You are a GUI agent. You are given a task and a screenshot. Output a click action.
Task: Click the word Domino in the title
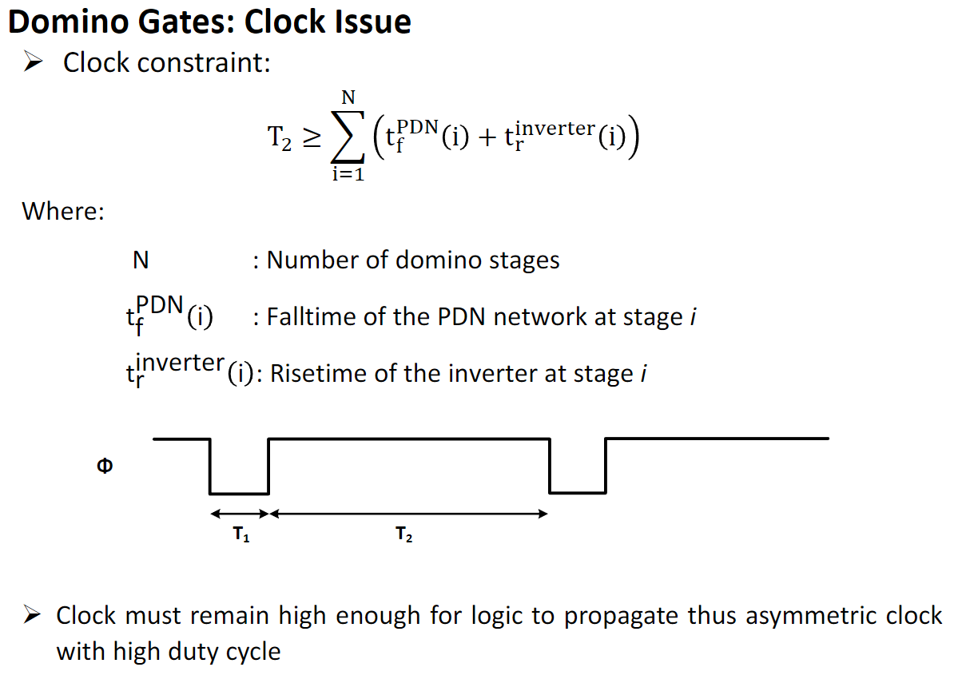tap(69, 22)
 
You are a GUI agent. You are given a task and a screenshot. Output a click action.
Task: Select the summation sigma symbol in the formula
tap(348, 137)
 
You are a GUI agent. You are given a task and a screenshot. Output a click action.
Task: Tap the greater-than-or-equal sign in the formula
tap(312, 138)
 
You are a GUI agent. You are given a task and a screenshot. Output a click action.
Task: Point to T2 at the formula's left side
tap(280, 138)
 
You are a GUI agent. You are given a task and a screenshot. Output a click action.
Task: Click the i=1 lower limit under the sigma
tap(348, 174)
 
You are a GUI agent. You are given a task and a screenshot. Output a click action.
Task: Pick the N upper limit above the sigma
tap(348, 97)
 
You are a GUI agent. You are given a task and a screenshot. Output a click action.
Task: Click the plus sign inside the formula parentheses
tap(487, 138)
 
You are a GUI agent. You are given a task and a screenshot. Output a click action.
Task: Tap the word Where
tap(63, 212)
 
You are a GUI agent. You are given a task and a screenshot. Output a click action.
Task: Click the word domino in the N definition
tap(438, 260)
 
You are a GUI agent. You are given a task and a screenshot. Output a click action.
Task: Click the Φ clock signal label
tap(105, 466)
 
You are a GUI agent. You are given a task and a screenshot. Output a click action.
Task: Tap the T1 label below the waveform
tap(241, 534)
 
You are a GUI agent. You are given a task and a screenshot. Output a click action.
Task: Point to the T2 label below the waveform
tap(404, 534)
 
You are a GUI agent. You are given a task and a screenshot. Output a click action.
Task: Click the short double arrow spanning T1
tap(240, 514)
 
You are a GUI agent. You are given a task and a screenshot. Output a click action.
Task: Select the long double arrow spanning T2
tap(409, 514)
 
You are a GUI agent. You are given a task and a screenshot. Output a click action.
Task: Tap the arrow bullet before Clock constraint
tap(34, 61)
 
